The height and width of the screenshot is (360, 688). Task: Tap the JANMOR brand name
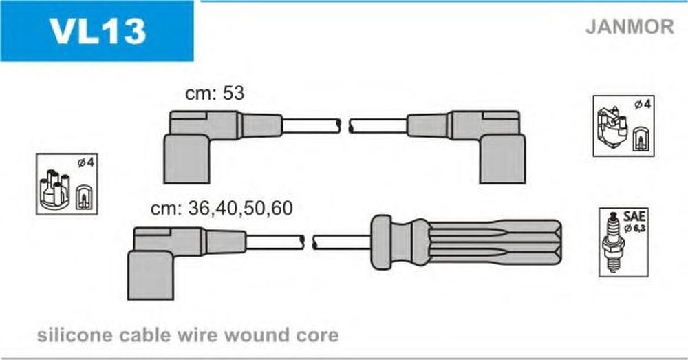pos(630,27)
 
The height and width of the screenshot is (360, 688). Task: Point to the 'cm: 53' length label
pos(215,94)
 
